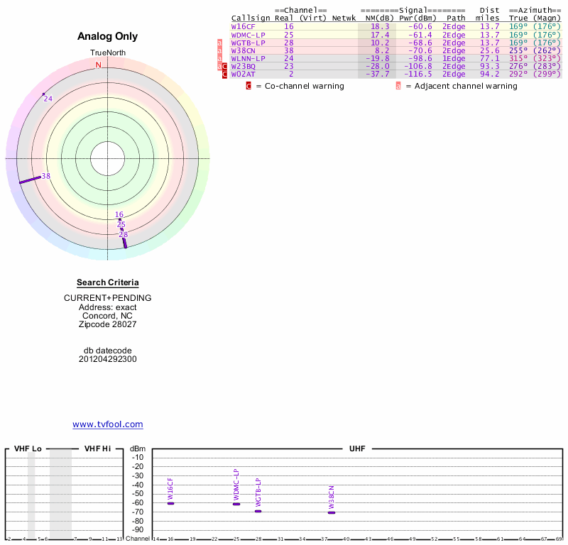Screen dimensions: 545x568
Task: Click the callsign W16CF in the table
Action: click(244, 26)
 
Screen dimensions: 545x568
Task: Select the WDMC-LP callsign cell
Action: click(248, 34)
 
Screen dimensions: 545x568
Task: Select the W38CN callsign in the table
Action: click(244, 50)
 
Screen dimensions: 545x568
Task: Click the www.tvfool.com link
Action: click(107, 424)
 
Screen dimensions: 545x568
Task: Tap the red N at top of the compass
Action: click(99, 65)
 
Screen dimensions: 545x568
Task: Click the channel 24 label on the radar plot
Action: click(48, 99)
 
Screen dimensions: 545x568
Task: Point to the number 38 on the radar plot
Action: click(45, 176)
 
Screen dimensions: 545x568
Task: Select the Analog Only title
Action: click(107, 36)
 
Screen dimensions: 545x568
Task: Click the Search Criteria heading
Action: click(107, 282)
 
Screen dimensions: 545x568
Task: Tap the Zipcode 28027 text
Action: click(107, 324)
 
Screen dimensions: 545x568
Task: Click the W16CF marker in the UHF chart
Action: click(170, 503)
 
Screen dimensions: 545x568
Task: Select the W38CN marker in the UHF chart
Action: click(332, 512)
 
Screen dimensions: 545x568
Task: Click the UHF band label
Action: click(356, 448)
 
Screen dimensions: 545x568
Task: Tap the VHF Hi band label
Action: click(97, 448)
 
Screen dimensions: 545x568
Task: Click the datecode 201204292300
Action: click(107, 359)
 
